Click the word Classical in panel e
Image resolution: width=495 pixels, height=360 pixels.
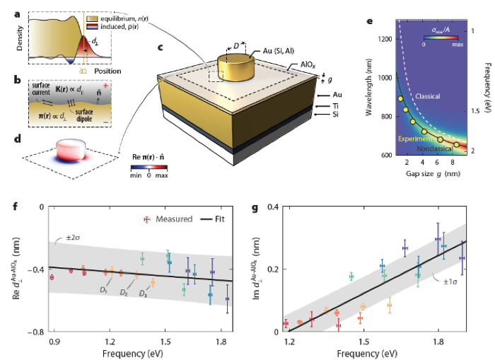(x=415, y=95)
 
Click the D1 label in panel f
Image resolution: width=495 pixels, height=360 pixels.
(x=105, y=291)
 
